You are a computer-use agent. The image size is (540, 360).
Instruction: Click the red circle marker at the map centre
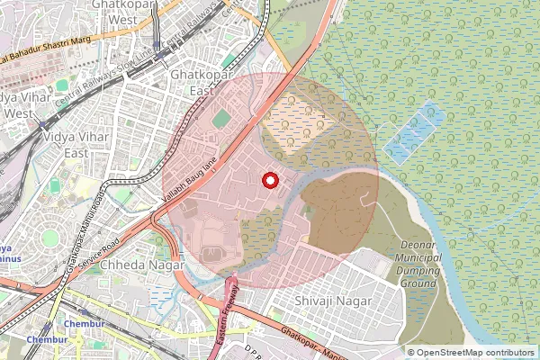pos(269,180)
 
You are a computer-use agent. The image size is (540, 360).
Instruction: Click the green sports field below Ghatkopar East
pos(221,118)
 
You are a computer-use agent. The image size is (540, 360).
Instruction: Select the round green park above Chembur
pos(49,238)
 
